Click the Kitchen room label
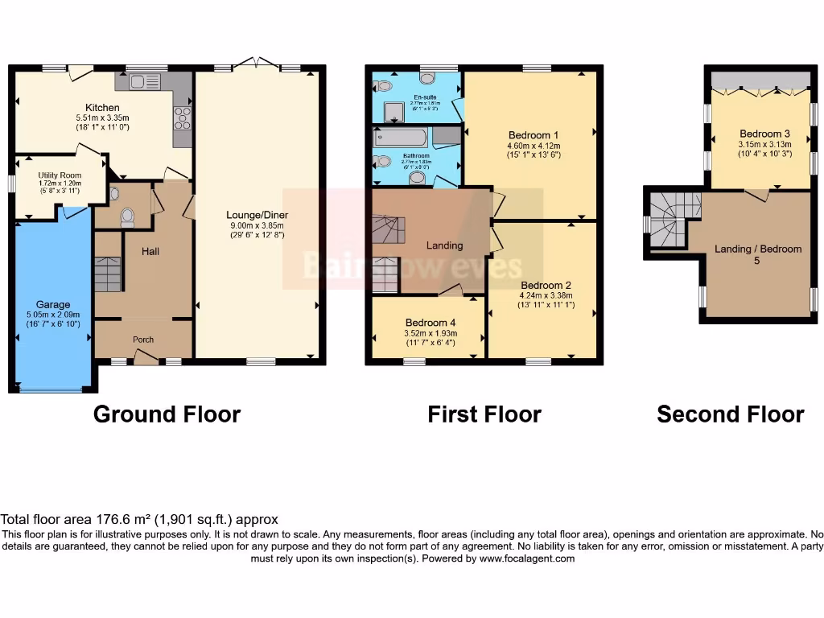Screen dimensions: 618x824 pos(103,107)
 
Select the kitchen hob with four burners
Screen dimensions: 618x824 pos(183,118)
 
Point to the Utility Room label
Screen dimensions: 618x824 pos(60,175)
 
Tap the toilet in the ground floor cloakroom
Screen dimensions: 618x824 pos(126,216)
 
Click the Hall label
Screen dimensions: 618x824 pos(150,252)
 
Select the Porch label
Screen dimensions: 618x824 pos(143,340)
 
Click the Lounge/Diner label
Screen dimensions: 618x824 pos(258,215)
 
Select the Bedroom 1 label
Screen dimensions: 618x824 pos(534,134)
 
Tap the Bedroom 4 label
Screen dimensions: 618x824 pos(429,323)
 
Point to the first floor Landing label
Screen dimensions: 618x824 pos(444,245)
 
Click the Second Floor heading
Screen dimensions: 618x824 pos(730,414)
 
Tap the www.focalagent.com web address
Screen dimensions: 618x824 pos(527,558)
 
